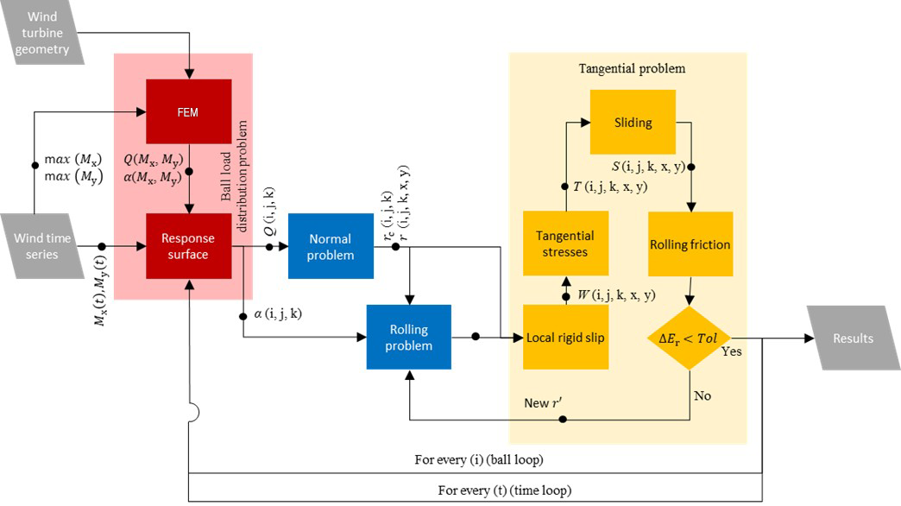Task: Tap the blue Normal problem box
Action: click(x=331, y=246)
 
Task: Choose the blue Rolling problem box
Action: click(x=408, y=337)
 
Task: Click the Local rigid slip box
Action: click(x=564, y=337)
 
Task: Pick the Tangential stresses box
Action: click(x=564, y=244)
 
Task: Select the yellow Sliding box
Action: click(x=633, y=122)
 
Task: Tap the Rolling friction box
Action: click(x=689, y=244)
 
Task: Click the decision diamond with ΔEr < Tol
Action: click(x=688, y=337)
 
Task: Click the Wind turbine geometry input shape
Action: click(x=47, y=33)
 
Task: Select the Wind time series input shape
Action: click(x=43, y=246)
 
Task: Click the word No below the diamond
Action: click(x=702, y=395)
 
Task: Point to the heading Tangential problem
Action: click(x=626, y=68)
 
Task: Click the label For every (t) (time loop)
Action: click(x=505, y=490)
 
